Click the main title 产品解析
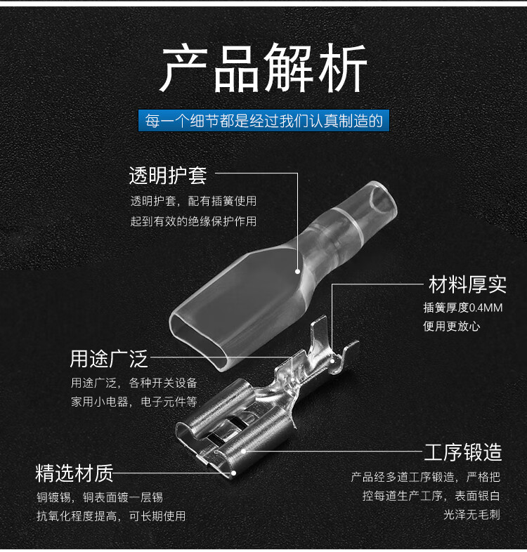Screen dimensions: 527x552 click(263, 68)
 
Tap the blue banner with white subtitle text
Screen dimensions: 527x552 click(263, 121)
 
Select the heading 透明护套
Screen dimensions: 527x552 click(168, 176)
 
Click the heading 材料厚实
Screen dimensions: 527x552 click(467, 284)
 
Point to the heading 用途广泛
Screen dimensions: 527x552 click(108, 359)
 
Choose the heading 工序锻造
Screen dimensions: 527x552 click(463, 452)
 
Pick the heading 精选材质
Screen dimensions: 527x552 click(74, 473)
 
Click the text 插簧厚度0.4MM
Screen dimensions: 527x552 click(463, 308)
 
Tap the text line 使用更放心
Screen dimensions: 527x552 click(451, 327)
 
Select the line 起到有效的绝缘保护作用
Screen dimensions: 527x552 click(193, 221)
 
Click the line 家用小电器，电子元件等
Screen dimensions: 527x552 click(134, 402)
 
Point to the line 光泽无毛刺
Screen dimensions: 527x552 click(471, 515)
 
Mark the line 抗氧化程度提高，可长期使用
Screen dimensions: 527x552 click(111, 516)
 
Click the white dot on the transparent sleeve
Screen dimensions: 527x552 click(298, 271)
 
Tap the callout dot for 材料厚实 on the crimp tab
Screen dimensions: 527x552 click(332, 361)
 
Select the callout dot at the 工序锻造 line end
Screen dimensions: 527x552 click(243, 451)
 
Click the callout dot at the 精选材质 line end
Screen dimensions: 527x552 click(233, 473)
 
